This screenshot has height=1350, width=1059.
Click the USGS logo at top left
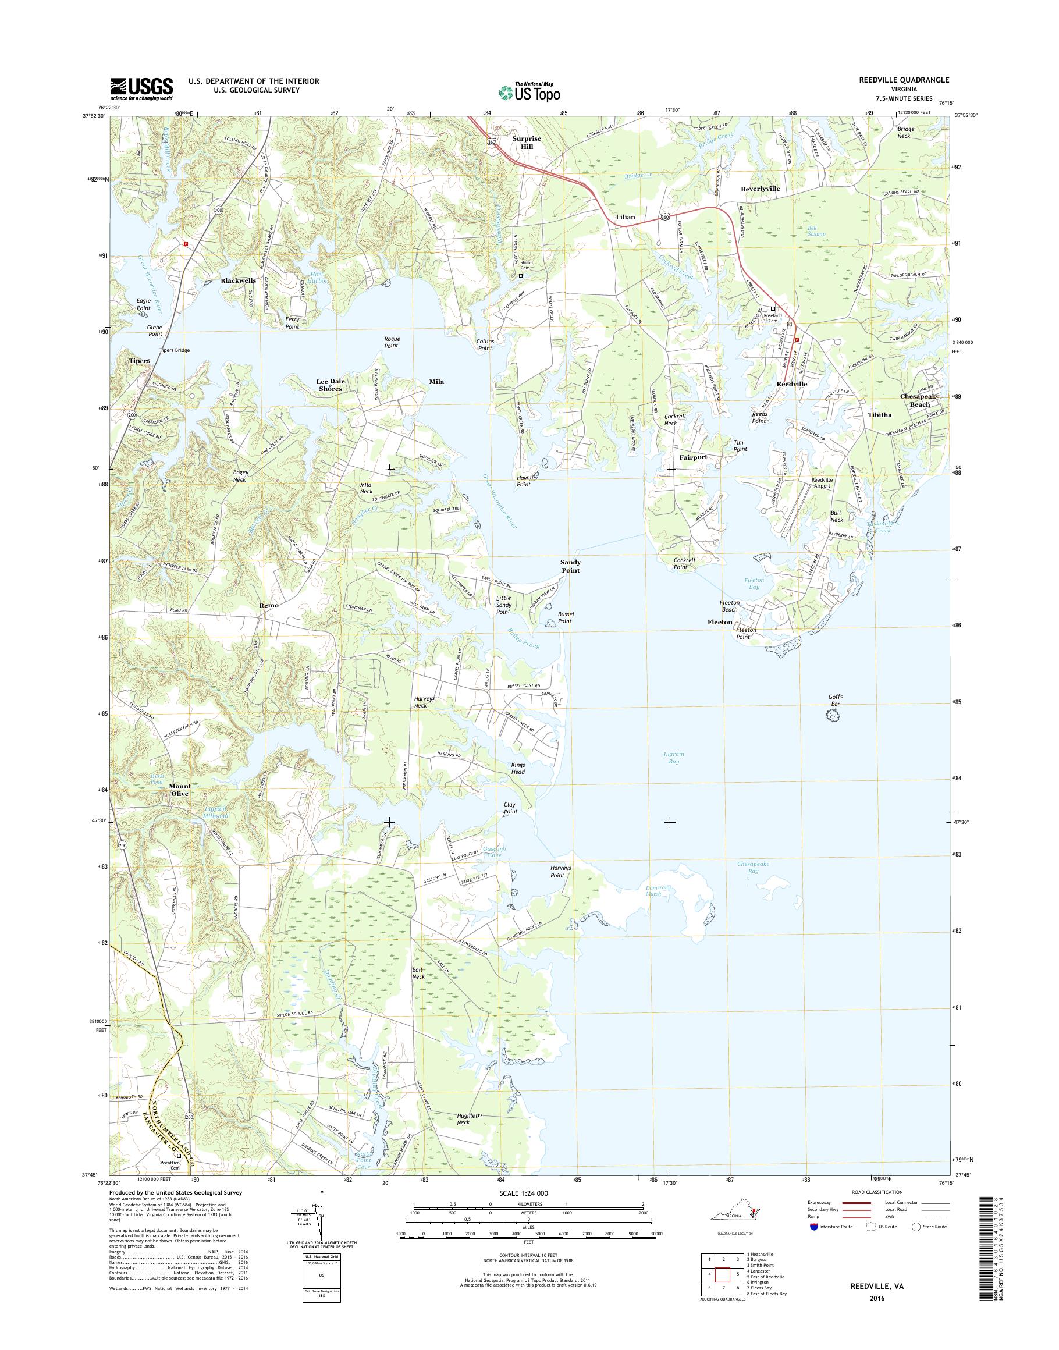tap(141, 88)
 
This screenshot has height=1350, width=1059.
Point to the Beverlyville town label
tap(759, 189)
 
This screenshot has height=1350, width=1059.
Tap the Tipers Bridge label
tap(174, 350)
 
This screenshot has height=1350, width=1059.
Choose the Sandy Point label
tap(570, 566)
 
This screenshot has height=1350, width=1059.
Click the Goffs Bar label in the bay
tap(835, 700)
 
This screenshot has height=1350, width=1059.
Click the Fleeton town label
tap(720, 621)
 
